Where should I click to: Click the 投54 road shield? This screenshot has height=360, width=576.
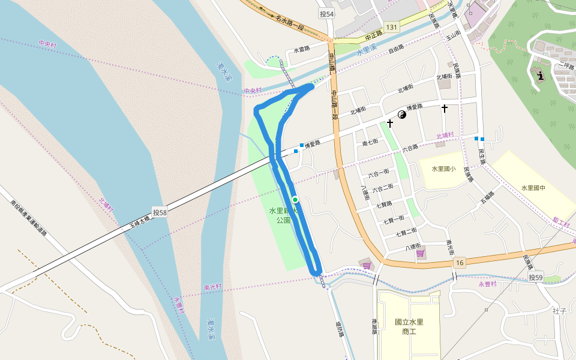pyautogui.click(x=326, y=14)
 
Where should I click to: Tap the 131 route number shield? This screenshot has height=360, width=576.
pyautogui.click(x=392, y=28)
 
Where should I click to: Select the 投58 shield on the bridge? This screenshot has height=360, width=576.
pyautogui.click(x=160, y=212)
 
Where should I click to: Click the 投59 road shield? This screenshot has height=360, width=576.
pyautogui.click(x=536, y=277)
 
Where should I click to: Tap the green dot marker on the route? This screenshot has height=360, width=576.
pyautogui.click(x=295, y=199)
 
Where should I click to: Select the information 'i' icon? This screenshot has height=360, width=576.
pyautogui.click(x=542, y=76)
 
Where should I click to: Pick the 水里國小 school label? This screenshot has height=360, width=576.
pyautogui.click(x=443, y=169)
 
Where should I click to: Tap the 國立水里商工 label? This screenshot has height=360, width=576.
pyautogui.click(x=409, y=326)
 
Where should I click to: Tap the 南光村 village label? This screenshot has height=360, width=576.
pyautogui.click(x=213, y=287)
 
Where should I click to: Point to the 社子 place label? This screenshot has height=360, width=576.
pyautogui.click(x=560, y=310)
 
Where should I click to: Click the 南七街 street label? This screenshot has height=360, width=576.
pyautogui.click(x=370, y=142)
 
